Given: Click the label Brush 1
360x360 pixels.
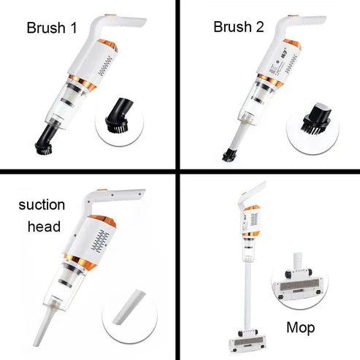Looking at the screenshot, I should click(51, 29).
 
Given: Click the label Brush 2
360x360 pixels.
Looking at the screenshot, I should click(237, 28).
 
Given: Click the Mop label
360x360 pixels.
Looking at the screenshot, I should click(300, 329).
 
